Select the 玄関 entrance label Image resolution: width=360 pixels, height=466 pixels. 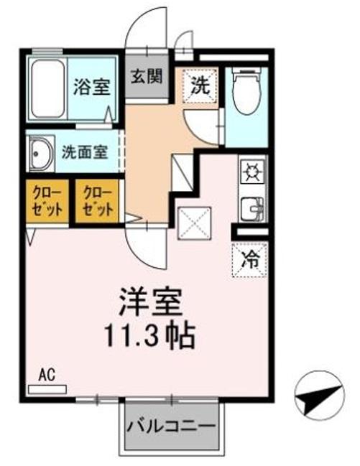point(147,76)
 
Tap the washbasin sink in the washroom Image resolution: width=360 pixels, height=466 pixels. point(39,152)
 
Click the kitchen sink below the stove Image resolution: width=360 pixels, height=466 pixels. point(253,208)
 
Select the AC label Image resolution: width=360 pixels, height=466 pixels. point(48,374)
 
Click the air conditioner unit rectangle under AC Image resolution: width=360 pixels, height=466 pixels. point(47,388)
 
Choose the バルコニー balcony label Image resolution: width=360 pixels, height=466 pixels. point(171,426)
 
